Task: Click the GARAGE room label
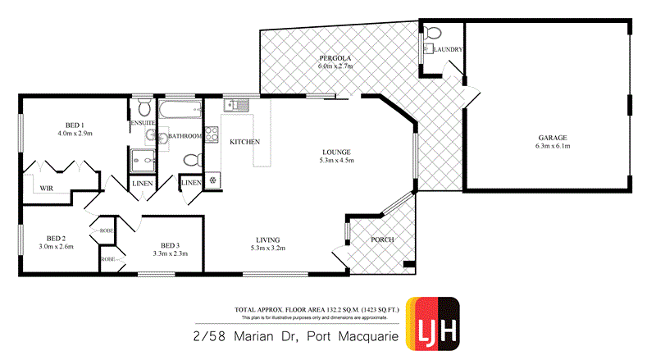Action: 553,137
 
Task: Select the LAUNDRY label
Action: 449,50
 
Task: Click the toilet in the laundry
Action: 434,34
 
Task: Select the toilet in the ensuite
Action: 143,107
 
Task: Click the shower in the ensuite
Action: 141,161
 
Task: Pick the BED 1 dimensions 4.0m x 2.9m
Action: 75,133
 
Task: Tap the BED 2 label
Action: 56,238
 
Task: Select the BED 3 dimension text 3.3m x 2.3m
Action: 170,253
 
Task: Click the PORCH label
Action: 383,239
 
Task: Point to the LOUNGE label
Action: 336,152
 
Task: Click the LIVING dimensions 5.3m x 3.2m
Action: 268,247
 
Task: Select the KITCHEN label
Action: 244,142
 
